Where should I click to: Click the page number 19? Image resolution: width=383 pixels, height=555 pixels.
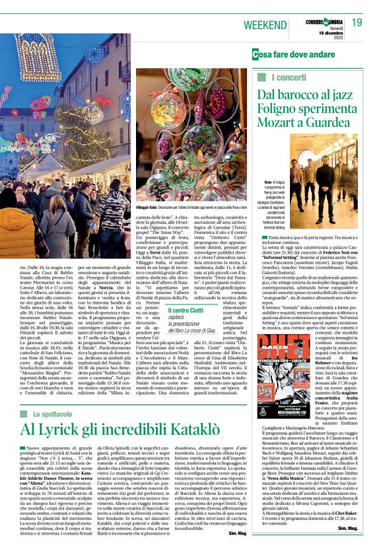click(x=357, y=22)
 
